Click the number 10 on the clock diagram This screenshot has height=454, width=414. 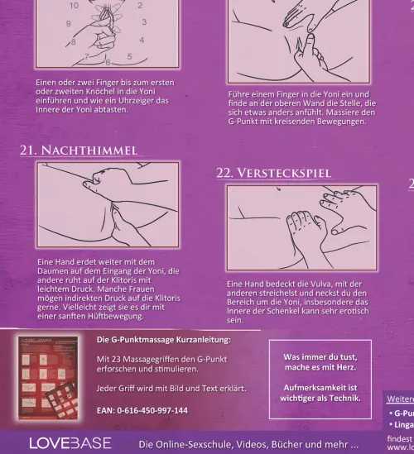[x=74, y=5]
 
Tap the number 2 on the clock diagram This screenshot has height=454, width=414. [x=139, y=5]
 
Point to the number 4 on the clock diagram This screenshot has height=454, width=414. [x=142, y=39]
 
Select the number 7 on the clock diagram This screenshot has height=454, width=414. [x=86, y=57]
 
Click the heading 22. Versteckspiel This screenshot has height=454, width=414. [x=274, y=173]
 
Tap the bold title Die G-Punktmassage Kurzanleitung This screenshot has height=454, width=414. [x=163, y=341]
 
